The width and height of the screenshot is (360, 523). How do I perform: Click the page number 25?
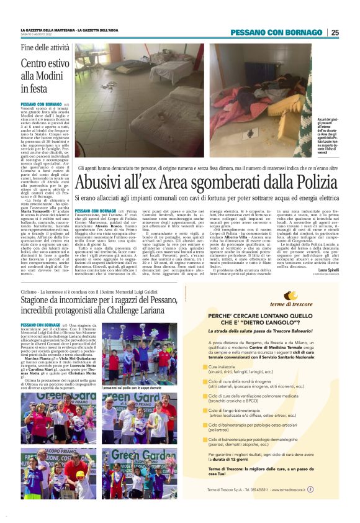(x=335, y=32)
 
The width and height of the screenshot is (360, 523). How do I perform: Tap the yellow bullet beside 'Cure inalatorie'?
(x=206, y=368)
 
